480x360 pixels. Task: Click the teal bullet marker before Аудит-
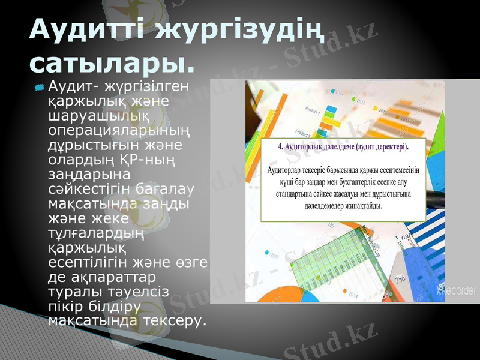pos(39,88)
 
